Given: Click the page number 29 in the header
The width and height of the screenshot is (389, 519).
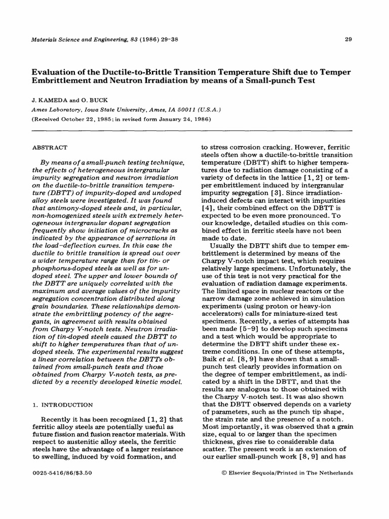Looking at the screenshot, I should pyautogui.click(x=348, y=39).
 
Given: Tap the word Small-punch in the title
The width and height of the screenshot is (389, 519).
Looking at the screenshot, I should pyautogui.click(x=287, y=81).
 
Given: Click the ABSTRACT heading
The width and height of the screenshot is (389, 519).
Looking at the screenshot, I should pyautogui.click(x=50, y=147).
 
